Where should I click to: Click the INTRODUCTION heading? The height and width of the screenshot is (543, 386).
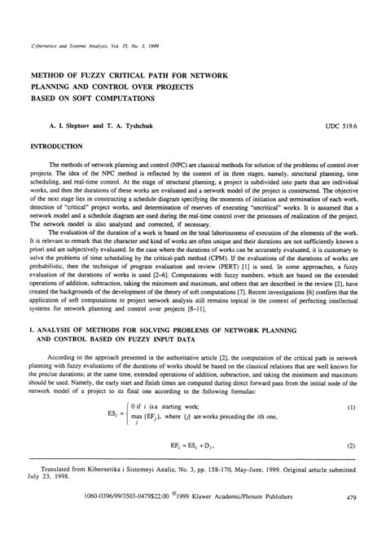pyautogui.click(x=61, y=148)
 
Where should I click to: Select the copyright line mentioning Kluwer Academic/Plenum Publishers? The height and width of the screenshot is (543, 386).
pyautogui.click(x=249, y=519)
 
